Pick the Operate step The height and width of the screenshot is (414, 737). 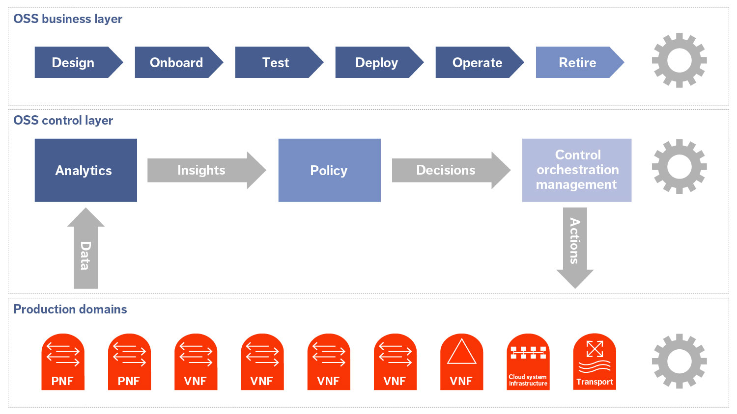[478, 62]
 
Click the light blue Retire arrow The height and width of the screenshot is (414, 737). [578, 62]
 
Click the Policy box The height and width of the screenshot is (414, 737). [329, 170]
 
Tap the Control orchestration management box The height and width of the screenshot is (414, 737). [576, 170]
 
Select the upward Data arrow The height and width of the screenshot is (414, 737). [86, 250]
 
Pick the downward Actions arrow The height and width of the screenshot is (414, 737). [575, 245]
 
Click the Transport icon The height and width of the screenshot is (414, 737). [595, 362]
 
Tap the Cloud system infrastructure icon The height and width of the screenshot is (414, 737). [528, 362]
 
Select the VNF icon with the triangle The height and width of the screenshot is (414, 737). [461, 362]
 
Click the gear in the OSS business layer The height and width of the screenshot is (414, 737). [679, 60]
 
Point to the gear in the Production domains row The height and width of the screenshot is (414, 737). [679, 361]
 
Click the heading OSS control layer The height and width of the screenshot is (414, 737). [63, 121]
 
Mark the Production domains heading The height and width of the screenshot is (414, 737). [70, 310]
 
